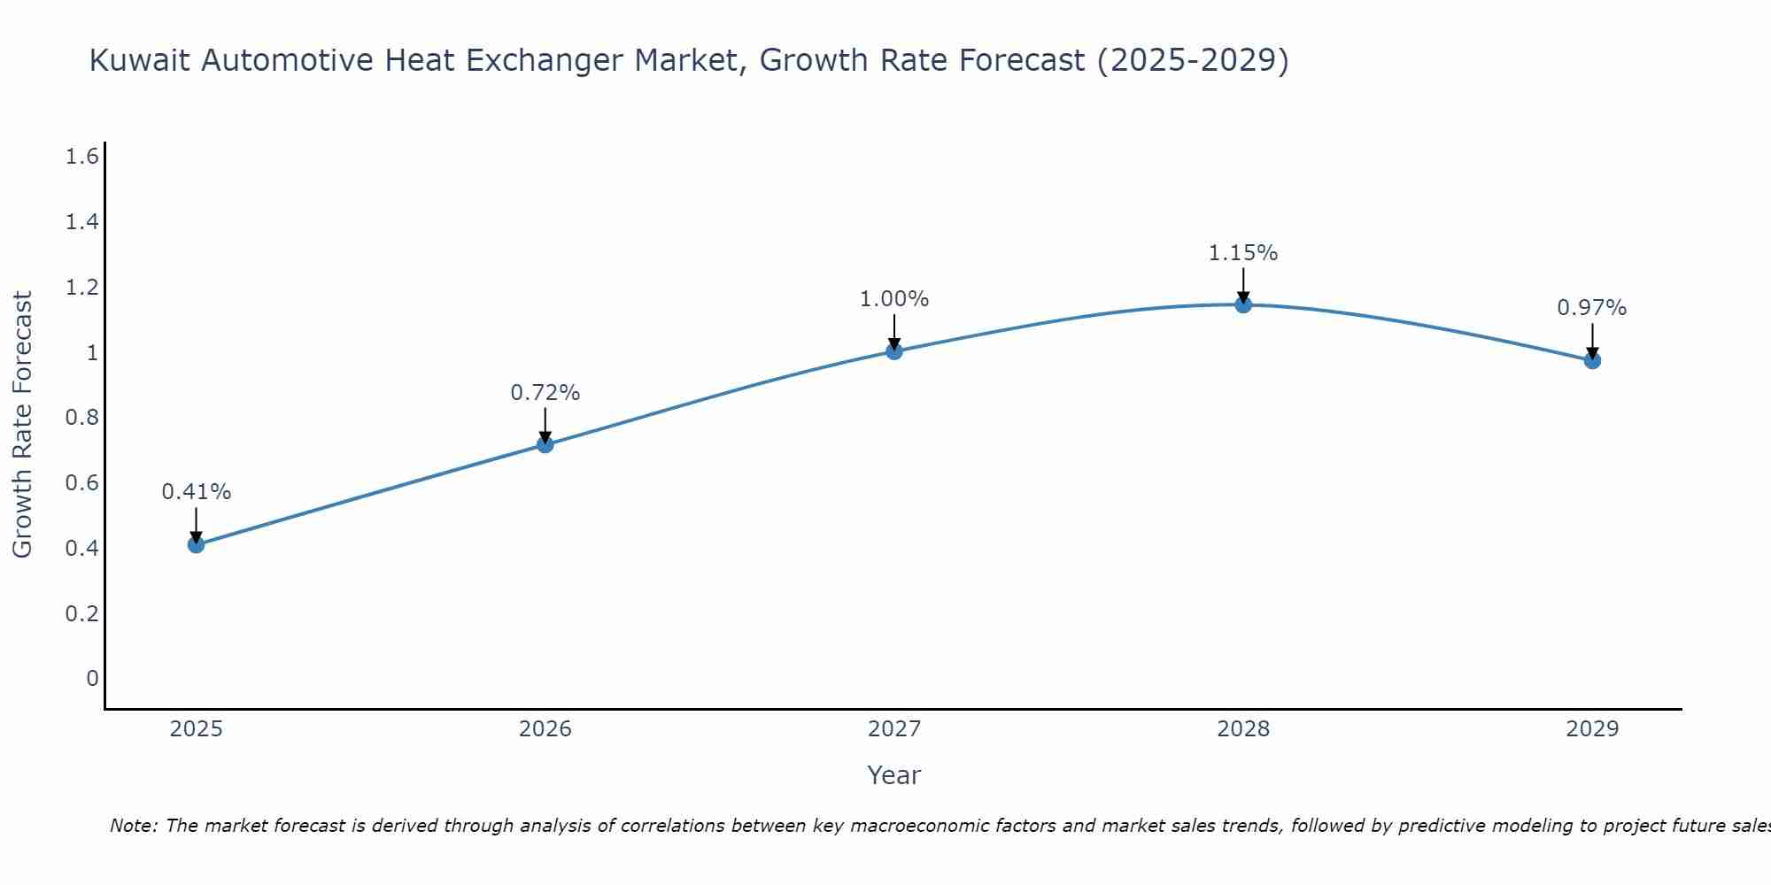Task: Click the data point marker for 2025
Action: click(196, 544)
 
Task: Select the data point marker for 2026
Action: click(545, 444)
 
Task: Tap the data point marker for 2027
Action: click(894, 351)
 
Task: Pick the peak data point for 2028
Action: click(1243, 304)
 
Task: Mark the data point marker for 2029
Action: click(1592, 360)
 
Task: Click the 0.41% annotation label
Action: click(196, 492)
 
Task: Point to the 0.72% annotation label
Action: click(545, 392)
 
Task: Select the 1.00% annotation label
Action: click(894, 299)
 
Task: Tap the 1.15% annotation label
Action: click(1243, 253)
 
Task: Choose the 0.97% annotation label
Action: click(1592, 308)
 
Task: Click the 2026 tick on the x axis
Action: click(545, 729)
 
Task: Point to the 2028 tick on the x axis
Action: click(1243, 729)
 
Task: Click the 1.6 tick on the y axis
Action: click(81, 157)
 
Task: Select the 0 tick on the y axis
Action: click(92, 679)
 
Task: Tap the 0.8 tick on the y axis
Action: click(81, 418)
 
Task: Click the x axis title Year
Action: click(894, 775)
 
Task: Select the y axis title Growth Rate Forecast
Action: click(22, 425)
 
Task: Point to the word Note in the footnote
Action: click(133, 826)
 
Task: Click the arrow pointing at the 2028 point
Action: click(1243, 285)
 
